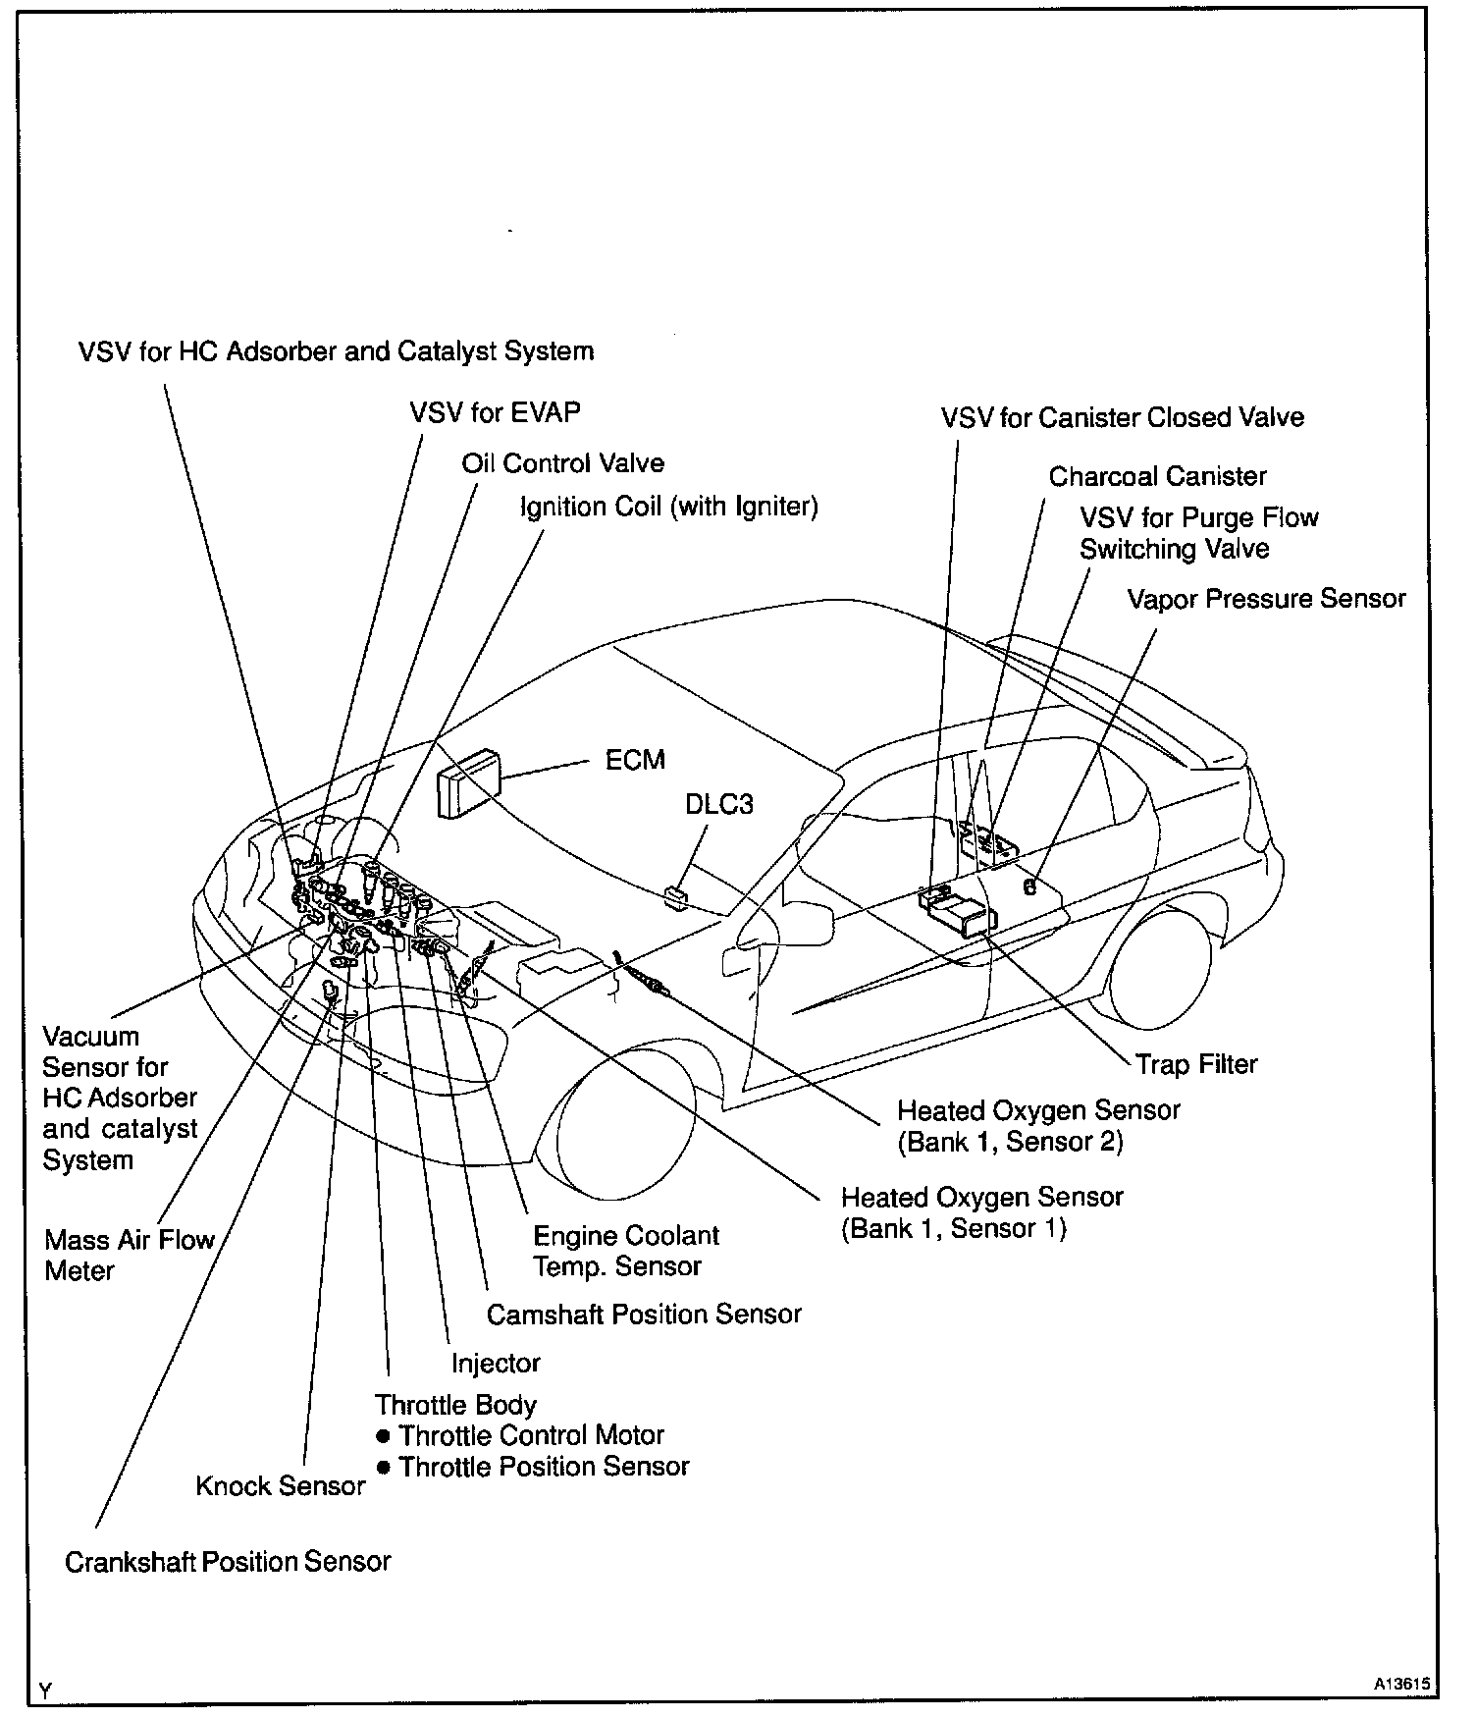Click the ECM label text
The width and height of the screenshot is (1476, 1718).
tap(635, 760)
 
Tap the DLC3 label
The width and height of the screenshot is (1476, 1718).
tap(719, 804)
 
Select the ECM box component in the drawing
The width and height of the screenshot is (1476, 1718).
tap(470, 782)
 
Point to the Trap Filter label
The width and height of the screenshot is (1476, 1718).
tap(1196, 1064)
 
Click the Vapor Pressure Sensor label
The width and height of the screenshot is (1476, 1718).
tap(1266, 599)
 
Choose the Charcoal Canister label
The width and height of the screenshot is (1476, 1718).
tap(1157, 477)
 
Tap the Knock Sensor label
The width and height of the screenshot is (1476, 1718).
tap(281, 1486)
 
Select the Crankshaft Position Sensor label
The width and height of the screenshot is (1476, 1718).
tap(228, 1562)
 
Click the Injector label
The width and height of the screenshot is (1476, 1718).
tap(496, 1363)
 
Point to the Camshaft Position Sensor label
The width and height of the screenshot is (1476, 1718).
tap(644, 1314)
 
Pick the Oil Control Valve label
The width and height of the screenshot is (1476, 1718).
tap(562, 463)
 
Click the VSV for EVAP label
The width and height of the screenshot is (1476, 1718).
tap(495, 412)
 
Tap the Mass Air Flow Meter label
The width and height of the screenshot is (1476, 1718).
tap(129, 1255)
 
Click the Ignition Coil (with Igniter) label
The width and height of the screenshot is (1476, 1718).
tap(668, 507)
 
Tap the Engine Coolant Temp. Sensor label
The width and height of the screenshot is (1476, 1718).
tap(625, 1251)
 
